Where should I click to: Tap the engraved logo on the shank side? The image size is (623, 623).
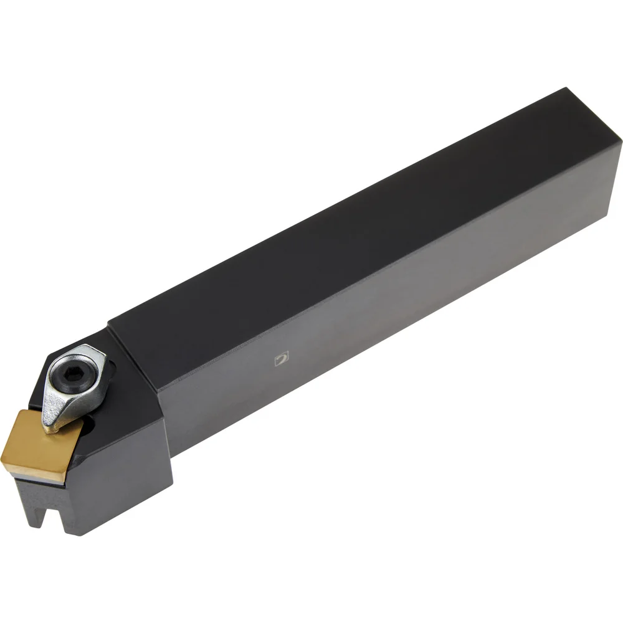282,358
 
